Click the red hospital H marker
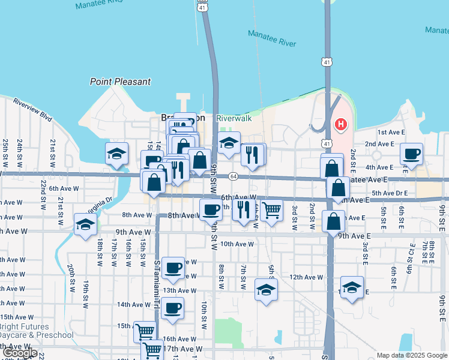coord(341,125)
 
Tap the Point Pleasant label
coord(120,82)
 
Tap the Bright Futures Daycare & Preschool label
coord(36,331)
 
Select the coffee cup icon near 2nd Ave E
coord(412,154)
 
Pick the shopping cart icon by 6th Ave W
coord(272,210)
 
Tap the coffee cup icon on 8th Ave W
coord(211,210)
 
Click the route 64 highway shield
coord(233,176)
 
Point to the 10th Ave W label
coord(237,244)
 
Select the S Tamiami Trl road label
coord(157,268)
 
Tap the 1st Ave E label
coord(388,132)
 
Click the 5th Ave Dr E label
coord(389,193)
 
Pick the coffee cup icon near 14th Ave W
coord(173,308)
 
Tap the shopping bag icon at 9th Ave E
coord(333,221)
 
